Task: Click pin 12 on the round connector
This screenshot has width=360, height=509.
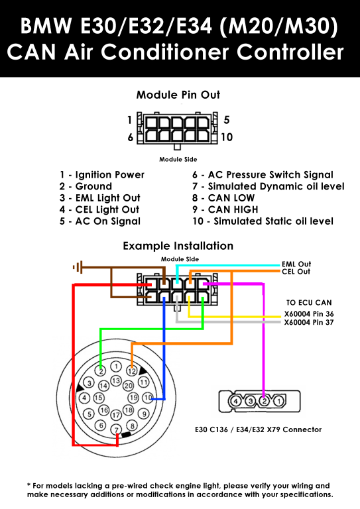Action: [131, 370]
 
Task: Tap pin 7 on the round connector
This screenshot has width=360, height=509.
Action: [116, 430]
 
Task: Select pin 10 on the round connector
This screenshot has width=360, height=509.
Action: [148, 398]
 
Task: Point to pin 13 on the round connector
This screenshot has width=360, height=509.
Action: [116, 380]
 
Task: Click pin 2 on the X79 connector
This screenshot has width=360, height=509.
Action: [265, 401]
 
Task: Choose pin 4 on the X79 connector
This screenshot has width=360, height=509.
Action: [236, 401]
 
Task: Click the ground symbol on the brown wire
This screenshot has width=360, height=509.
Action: [78, 267]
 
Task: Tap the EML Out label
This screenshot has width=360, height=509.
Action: [296, 264]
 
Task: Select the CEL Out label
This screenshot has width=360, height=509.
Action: [296, 271]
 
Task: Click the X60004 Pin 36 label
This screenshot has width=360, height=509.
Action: [309, 314]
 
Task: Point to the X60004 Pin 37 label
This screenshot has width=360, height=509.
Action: [309, 322]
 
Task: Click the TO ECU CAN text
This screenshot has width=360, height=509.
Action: [309, 302]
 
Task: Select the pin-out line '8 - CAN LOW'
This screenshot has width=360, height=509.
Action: [223, 198]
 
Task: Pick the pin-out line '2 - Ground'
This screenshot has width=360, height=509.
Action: [86, 186]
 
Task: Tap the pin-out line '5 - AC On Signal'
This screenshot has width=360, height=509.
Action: [100, 221]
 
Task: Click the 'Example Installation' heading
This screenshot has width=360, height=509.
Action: [178, 246]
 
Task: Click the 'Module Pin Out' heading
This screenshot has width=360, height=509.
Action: [178, 95]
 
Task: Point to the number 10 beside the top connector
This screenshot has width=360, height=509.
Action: [227, 137]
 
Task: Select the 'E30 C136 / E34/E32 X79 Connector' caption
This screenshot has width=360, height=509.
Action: [258, 429]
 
